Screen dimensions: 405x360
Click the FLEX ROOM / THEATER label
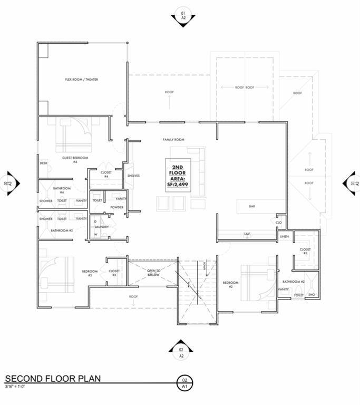[81, 80]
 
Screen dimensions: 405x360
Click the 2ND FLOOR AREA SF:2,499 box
[178, 176]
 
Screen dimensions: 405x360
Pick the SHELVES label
[133, 176]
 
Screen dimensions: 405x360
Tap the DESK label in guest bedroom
[44, 163]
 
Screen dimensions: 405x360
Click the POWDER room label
[117, 207]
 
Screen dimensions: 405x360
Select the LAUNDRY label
[102, 227]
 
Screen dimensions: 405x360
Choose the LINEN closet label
[284, 237]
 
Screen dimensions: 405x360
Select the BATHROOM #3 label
[62, 230]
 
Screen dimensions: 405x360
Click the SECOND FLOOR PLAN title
[53, 379]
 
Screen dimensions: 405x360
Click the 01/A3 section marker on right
[352, 183]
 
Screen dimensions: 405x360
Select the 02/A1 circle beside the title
[184, 382]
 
